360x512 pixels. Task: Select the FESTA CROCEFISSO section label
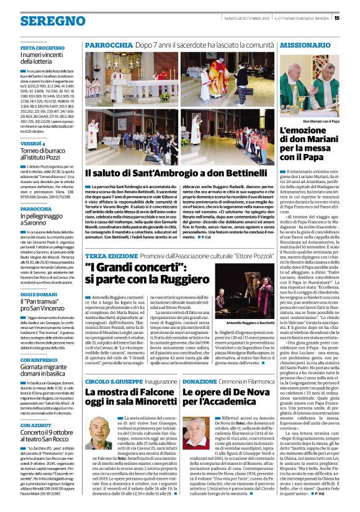point(42,48)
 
